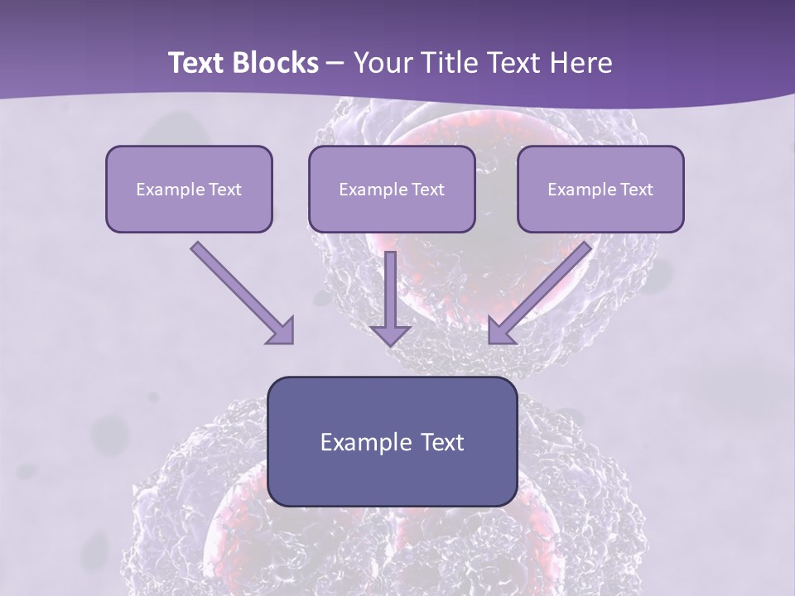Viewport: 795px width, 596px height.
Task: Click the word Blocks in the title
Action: tap(276, 63)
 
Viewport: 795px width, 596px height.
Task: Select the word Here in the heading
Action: tap(580, 63)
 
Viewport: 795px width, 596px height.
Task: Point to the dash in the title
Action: tap(335, 64)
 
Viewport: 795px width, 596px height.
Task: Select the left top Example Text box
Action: tap(189, 189)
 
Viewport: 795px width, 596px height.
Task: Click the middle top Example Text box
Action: tap(392, 189)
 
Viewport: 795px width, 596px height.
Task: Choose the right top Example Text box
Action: tap(600, 189)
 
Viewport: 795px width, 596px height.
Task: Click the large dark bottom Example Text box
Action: tap(392, 441)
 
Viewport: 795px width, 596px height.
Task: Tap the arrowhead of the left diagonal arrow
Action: tap(282, 332)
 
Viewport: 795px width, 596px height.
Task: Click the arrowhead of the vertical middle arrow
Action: tap(391, 334)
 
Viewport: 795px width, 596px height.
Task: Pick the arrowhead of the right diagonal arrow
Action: tap(500, 332)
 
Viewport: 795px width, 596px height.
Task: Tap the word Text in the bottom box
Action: tap(442, 442)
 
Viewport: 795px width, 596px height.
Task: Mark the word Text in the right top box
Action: tap(636, 190)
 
